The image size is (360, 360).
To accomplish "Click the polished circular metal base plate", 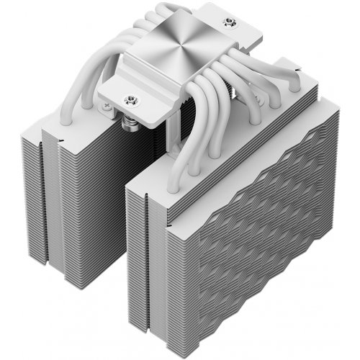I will click(x=188, y=44).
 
